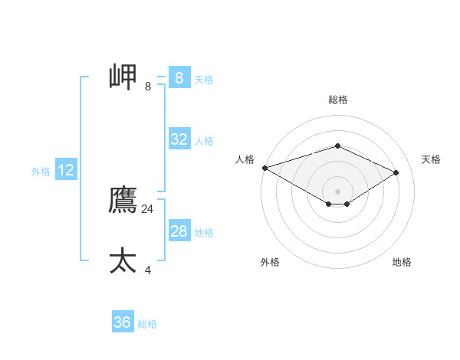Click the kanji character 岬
[x=123, y=77]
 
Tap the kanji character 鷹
[x=123, y=200]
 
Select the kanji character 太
[x=123, y=260]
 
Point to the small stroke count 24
[x=147, y=208]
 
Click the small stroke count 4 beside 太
[x=148, y=270]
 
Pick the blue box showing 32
[x=179, y=139]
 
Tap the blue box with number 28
[x=179, y=231]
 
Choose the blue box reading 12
[x=65, y=170]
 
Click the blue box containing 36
[x=122, y=322]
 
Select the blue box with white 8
[x=179, y=78]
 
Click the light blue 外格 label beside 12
[x=41, y=172]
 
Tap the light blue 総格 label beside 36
[x=147, y=324]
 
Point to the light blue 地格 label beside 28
[x=204, y=233]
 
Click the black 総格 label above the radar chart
[x=337, y=100]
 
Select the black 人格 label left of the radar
[x=245, y=159]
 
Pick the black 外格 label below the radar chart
[x=270, y=262]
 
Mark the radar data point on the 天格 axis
[x=396, y=172]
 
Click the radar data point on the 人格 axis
[x=264, y=168]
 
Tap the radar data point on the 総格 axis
[x=337, y=146]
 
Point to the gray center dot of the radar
[x=337, y=191]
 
